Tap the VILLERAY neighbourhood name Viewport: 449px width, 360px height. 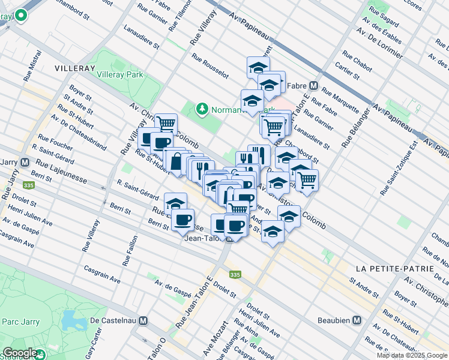coord(74,68)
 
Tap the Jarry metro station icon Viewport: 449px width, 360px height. coord(25,162)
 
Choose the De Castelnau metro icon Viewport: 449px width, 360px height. coord(142,320)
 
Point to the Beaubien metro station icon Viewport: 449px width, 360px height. coord(357,320)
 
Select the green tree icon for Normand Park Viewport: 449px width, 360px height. coord(202,109)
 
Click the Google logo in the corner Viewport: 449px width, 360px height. coord(20,353)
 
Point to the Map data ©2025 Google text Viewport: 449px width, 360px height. coord(412,355)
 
